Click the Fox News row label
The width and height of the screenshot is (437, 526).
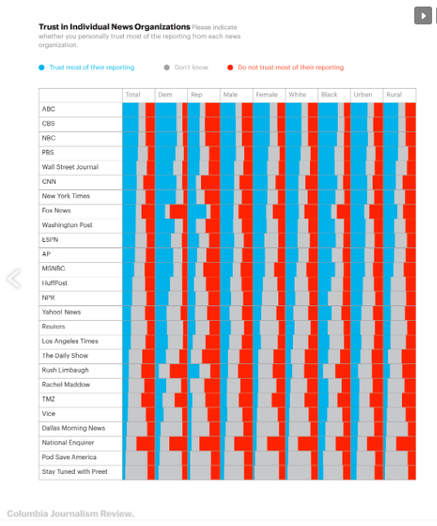coord(56,210)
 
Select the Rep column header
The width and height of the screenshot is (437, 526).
coord(197,94)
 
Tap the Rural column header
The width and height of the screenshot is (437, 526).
coord(394,94)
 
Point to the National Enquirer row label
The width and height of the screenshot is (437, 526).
coord(68,442)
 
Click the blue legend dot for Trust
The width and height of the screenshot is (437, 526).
coord(42,68)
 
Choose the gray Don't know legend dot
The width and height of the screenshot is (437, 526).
coord(167,68)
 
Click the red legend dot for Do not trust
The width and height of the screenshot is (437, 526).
coord(230,68)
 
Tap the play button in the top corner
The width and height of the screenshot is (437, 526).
coord(423,15)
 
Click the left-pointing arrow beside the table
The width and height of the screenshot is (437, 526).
coord(14,278)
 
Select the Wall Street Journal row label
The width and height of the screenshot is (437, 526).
coord(70,167)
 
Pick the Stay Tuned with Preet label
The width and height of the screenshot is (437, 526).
coord(74,471)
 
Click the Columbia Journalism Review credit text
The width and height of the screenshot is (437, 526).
coord(71,514)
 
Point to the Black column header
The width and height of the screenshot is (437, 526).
coord(329,94)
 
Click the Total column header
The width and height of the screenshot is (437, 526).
coord(133,94)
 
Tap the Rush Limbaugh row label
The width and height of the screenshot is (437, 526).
coord(65,370)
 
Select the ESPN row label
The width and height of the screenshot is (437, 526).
coord(50,239)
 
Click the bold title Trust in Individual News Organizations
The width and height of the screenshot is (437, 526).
coord(115,27)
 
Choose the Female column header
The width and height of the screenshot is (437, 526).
coord(267,94)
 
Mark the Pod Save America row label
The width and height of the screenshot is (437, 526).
coord(69,457)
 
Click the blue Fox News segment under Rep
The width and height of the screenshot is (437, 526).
coord(197,212)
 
